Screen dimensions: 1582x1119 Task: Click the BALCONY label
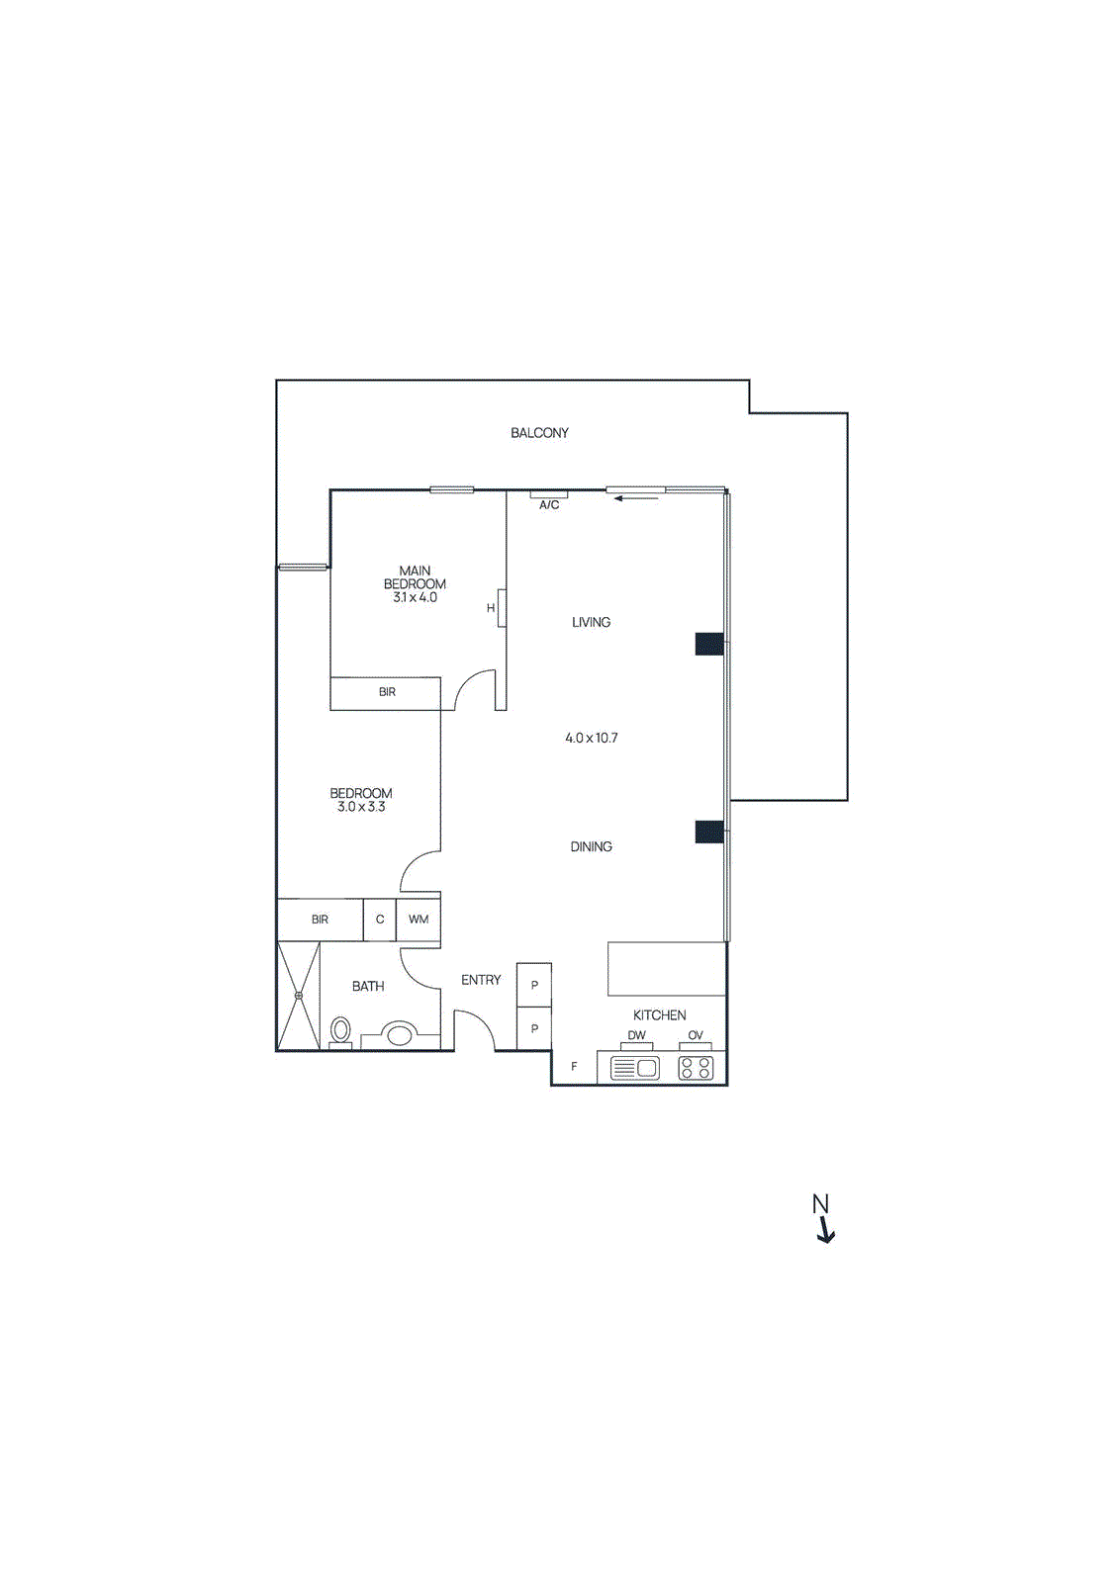pyautogui.click(x=539, y=433)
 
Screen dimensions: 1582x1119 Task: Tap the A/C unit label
pyautogui.click(x=549, y=505)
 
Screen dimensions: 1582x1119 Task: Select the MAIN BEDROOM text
pyautogui.click(x=415, y=577)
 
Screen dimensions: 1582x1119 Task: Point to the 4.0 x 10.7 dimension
pyautogui.click(x=592, y=738)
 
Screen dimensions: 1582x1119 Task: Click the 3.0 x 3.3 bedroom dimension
pyautogui.click(x=361, y=807)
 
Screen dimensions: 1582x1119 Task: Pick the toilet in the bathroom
pyautogui.click(x=340, y=1030)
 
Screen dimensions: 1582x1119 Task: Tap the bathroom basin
pyautogui.click(x=400, y=1035)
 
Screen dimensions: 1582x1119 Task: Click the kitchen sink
pyautogui.click(x=635, y=1068)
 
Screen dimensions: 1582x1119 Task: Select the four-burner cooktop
pyautogui.click(x=696, y=1068)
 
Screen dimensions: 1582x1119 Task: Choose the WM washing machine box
pyautogui.click(x=419, y=920)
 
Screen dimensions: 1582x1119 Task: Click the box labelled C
pyautogui.click(x=380, y=920)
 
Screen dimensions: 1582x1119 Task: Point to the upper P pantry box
pyautogui.click(x=534, y=986)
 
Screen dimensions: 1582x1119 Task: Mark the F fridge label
pyautogui.click(x=574, y=1067)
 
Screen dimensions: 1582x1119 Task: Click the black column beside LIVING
pyautogui.click(x=709, y=645)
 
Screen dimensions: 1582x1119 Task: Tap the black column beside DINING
pyautogui.click(x=709, y=832)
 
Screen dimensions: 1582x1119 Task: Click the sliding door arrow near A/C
pyautogui.click(x=635, y=498)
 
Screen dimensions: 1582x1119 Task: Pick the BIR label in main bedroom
pyautogui.click(x=387, y=692)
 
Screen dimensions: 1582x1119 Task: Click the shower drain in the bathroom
pyautogui.click(x=298, y=996)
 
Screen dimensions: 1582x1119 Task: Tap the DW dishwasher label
pyautogui.click(x=636, y=1035)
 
